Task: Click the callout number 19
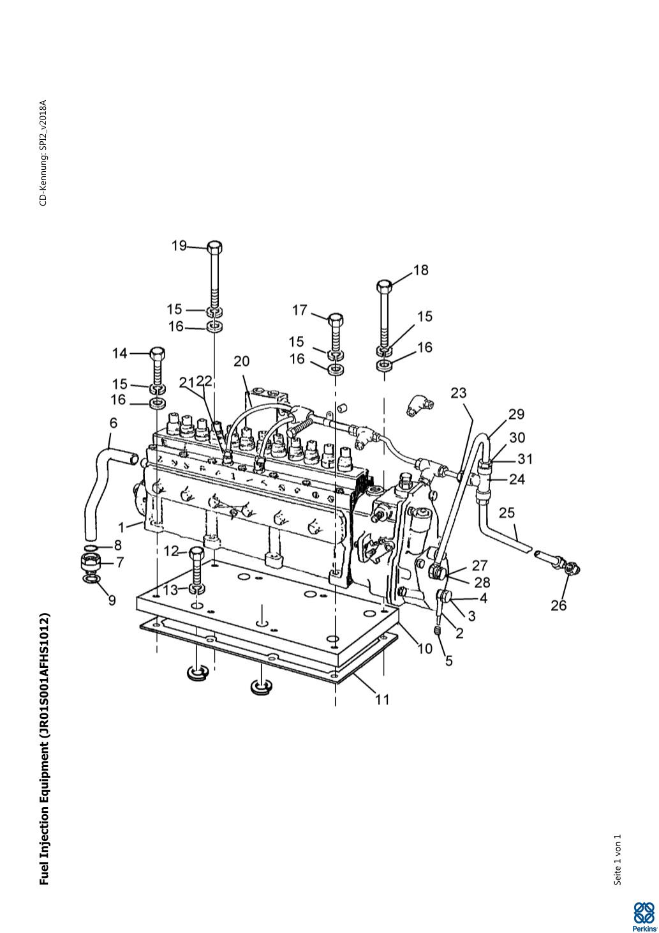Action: (179, 245)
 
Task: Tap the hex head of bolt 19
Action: (214, 247)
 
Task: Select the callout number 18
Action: (420, 270)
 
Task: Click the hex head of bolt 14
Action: (157, 353)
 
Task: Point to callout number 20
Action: (241, 361)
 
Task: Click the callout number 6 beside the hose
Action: (114, 423)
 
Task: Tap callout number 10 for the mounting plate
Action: (425, 648)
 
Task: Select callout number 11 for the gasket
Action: (381, 699)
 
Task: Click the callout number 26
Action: (558, 605)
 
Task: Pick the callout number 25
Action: (507, 512)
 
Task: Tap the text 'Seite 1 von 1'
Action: (617, 860)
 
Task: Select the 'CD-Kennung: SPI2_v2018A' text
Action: (43, 153)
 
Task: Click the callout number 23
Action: (459, 393)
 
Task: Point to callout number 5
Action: (449, 660)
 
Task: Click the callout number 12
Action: (171, 550)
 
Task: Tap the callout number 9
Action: (112, 600)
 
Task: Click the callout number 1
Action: (121, 528)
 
